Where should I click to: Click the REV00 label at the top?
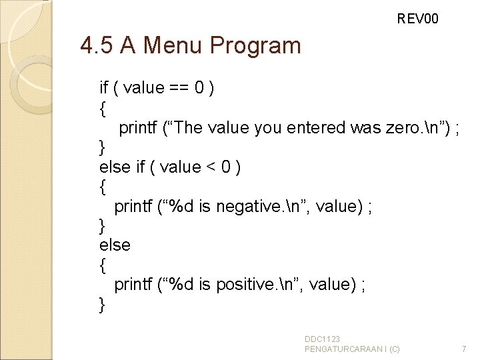coord(418,19)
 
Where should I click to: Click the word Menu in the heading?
coord(173,46)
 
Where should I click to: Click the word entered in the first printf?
coord(316,127)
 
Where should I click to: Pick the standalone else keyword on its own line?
coord(115,245)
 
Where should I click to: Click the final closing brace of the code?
coord(102,305)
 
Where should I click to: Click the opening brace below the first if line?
coord(102,107)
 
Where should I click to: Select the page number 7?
coord(464,349)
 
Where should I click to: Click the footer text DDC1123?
coord(323,339)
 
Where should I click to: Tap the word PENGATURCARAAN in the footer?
coord(343,349)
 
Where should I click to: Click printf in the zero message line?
coord(138,127)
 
